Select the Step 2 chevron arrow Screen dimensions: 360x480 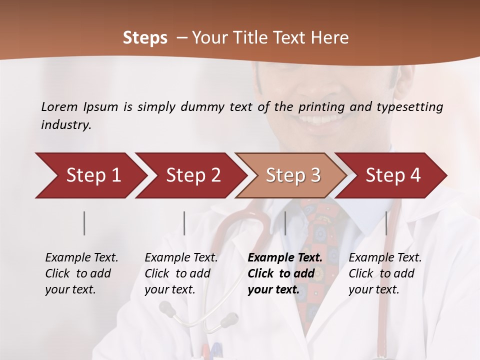point(193,175)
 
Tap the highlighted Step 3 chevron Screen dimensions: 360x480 point(293,175)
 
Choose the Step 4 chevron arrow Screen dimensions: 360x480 point(393,175)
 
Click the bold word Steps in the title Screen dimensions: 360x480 point(145,38)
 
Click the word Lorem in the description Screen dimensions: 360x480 point(59,107)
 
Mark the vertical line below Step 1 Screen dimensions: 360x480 point(84,223)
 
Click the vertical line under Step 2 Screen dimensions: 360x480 point(184,223)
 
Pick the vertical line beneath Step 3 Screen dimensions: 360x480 point(285,223)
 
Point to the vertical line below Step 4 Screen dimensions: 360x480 point(386,223)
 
